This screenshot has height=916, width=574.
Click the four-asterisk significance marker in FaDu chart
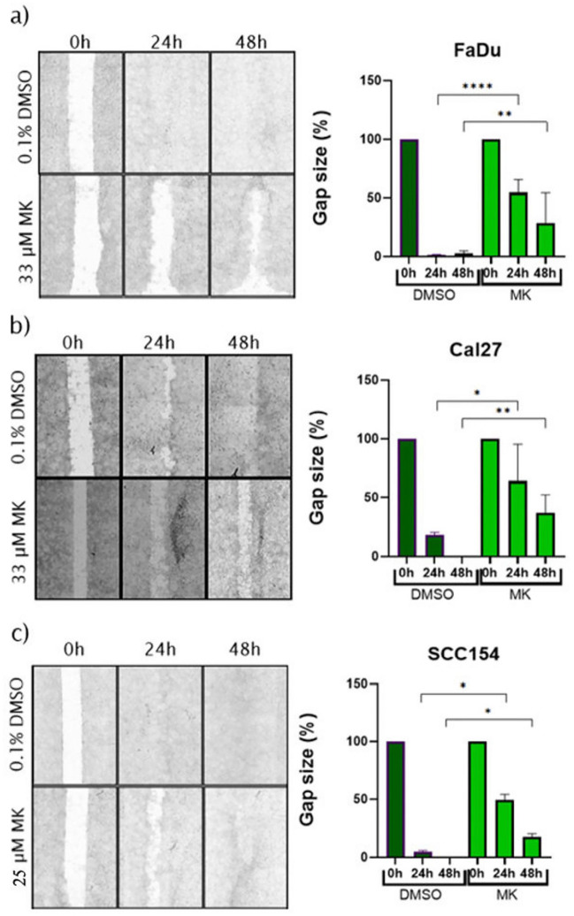[475, 87]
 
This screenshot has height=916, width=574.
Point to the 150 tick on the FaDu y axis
[377, 81]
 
